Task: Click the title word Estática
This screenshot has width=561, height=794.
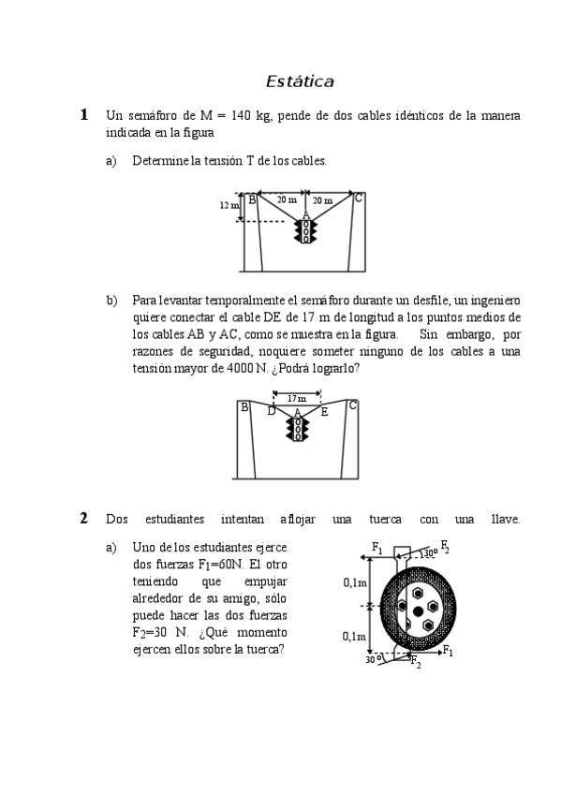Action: [x=300, y=81]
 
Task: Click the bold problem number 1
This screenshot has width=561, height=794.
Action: [x=84, y=114]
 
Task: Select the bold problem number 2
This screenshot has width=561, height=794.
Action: [x=84, y=518]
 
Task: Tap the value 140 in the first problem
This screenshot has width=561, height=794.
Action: [x=241, y=115]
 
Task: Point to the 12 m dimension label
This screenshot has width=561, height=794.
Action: [x=229, y=205]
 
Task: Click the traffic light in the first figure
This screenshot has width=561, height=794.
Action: [x=306, y=230]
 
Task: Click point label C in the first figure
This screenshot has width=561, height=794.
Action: [x=359, y=198]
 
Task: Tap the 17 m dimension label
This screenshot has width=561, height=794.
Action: [x=297, y=399]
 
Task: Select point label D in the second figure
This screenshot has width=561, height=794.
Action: [x=272, y=411]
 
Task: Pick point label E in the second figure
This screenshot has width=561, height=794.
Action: [x=324, y=412]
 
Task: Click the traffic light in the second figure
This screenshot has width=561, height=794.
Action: [x=298, y=429]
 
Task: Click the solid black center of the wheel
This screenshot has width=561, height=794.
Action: [x=418, y=611]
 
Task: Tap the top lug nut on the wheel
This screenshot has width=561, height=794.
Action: [x=418, y=593]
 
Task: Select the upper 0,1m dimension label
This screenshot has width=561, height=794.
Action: [x=356, y=582]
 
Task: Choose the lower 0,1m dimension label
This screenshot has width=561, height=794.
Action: [x=354, y=637]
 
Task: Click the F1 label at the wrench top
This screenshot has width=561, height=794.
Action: [x=377, y=548]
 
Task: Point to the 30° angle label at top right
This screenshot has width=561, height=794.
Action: [x=429, y=553]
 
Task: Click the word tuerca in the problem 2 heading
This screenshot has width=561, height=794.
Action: [x=385, y=519]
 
